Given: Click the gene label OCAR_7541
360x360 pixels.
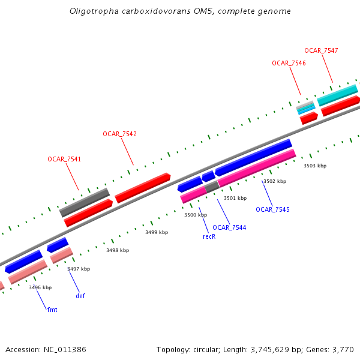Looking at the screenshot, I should point(64,159).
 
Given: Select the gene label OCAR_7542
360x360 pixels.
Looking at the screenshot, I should point(119,134).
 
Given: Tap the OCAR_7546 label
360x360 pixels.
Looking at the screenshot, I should point(289,63).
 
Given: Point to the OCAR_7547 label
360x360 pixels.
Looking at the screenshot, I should point(321,50).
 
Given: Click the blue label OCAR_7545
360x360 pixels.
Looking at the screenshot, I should point(272,209).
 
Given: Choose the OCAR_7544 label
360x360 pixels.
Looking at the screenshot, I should point(229,227).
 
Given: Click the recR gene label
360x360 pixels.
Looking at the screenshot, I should point(209,236).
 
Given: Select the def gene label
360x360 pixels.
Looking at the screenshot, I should point(80,296).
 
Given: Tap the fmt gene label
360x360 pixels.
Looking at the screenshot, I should point(52,310).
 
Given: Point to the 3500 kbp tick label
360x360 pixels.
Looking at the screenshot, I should point(195,215).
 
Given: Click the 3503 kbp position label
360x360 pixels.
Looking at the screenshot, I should point(314,166).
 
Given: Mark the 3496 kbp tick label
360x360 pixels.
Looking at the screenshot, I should point(40,288).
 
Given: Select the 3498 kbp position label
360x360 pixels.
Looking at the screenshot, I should point(118,250).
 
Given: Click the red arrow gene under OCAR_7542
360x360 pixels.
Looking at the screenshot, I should point(143,187).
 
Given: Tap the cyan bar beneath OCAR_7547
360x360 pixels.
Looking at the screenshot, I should point(337,95).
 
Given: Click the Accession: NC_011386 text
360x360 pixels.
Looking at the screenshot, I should point(46,349).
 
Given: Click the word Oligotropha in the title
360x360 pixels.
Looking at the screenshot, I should point(90,11).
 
